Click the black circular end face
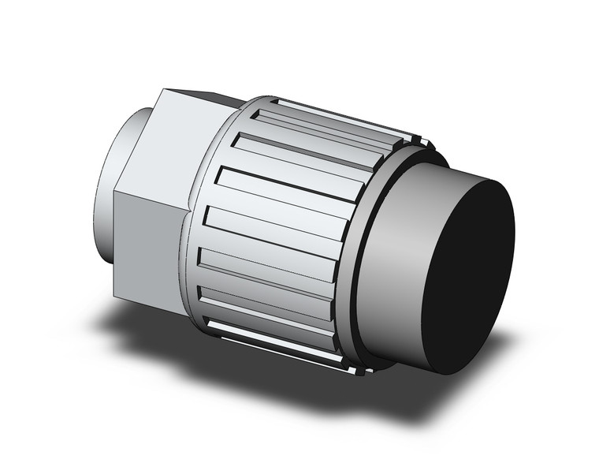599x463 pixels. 469,276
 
